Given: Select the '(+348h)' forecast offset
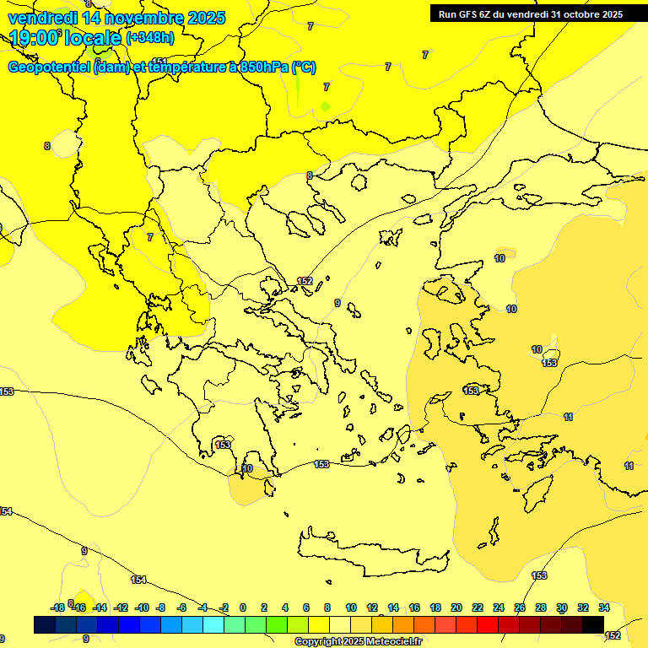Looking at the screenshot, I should coord(150,37).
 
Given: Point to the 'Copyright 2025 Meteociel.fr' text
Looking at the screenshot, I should coord(358,641).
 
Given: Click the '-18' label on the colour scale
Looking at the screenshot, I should coord(57,607).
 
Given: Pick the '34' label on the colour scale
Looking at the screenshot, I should coord(603,607).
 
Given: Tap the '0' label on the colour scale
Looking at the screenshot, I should coord(243,607).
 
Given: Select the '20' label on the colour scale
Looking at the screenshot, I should coord(456,607).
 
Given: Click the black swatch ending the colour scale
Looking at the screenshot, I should coord(593,624).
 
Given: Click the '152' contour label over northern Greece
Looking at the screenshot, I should coord(305,281).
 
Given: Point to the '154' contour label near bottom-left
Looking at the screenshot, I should coord(138,580).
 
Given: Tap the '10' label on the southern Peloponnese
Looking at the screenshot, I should coord(247,468).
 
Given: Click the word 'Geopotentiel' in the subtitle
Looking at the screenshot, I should coord(49,67).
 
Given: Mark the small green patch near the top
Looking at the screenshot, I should coord(326,107).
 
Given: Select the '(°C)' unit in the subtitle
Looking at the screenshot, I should coord(304,67).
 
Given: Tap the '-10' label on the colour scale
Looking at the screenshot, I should coord(141,607).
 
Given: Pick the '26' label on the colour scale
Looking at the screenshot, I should coord(520,607).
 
